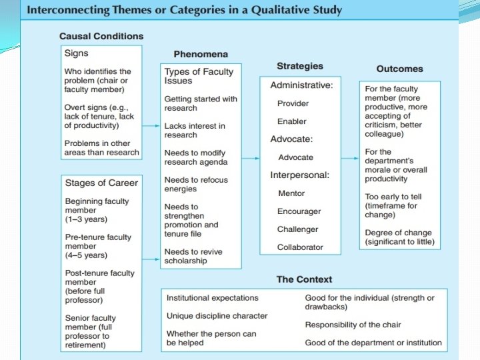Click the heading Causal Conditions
[x=101, y=36]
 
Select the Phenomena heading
[x=201, y=54]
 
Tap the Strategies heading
[x=299, y=66]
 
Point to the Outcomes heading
[x=399, y=69]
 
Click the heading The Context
[x=304, y=279]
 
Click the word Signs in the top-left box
[x=76, y=53]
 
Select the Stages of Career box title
[x=101, y=183]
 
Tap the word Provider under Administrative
[x=293, y=103]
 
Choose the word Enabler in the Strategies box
[x=292, y=121]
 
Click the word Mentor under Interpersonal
[x=291, y=193]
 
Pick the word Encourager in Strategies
[x=299, y=211]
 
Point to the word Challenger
[x=297, y=229]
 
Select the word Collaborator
[x=300, y=247]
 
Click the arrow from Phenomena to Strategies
[x=250, y=158]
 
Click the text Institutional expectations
[x=212, y=298]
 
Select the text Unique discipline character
[x=217, y=315]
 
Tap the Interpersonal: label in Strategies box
[x=299, y=175]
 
